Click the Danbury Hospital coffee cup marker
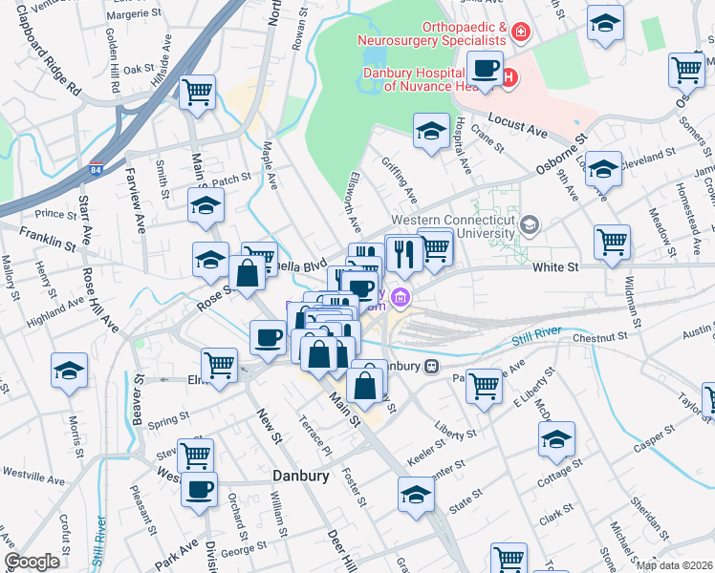[486, 69]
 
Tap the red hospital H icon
[509, 76]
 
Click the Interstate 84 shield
[95, 168]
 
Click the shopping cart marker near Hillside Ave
[197, 93]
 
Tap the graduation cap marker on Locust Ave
[603, 169]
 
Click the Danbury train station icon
[431, 365]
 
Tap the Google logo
[32, 562]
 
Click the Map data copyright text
[674, 565]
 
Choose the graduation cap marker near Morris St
[69, 369]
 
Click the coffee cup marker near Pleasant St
[201, 489]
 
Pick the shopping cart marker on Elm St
[220, 364]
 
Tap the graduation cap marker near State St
[416, 494]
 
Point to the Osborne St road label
[554, 156]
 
